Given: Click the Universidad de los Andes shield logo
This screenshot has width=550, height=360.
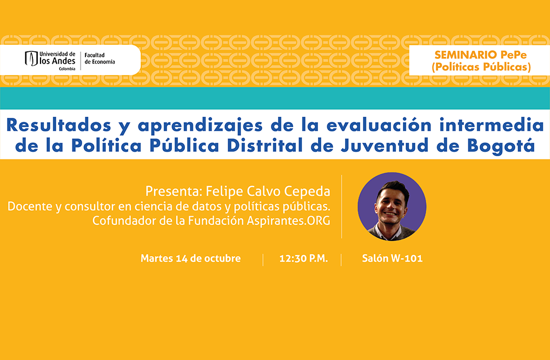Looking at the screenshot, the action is coord(31,58).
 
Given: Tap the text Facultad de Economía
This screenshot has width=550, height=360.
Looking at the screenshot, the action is coord(100,58).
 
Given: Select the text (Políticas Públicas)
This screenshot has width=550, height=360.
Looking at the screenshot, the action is coord(481,67).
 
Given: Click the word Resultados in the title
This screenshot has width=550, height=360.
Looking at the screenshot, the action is coord(59,125).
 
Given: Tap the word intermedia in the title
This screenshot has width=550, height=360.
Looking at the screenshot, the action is coord(492,125).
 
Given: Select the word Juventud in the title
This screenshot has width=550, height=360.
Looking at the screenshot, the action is coord(385,145).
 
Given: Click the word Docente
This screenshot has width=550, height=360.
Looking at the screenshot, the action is coord(30,206).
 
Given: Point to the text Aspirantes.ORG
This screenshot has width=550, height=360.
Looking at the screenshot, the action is coord(288,221).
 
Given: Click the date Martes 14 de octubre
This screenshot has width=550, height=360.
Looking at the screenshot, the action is coord(190,258).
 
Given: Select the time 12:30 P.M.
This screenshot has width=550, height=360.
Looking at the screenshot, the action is coord(303,258).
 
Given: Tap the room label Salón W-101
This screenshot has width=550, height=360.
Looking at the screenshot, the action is coord(392,258).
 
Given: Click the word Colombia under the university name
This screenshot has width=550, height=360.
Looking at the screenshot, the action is coord(67,69).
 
